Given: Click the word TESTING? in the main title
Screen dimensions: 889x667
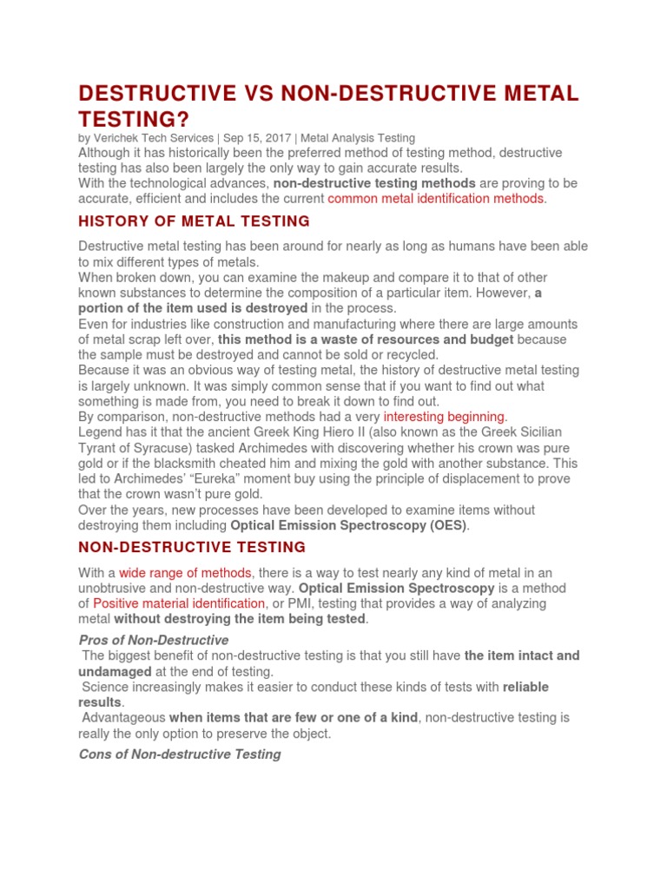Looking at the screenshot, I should point(132,120).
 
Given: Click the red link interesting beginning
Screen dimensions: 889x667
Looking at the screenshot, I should point(444,417).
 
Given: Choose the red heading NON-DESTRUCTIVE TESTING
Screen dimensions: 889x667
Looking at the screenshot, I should point(192,548).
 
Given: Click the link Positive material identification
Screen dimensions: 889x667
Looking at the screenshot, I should point(179,603).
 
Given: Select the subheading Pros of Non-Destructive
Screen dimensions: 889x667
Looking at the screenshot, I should point(154,640).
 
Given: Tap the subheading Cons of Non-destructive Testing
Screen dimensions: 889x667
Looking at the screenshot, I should point(180,754).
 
